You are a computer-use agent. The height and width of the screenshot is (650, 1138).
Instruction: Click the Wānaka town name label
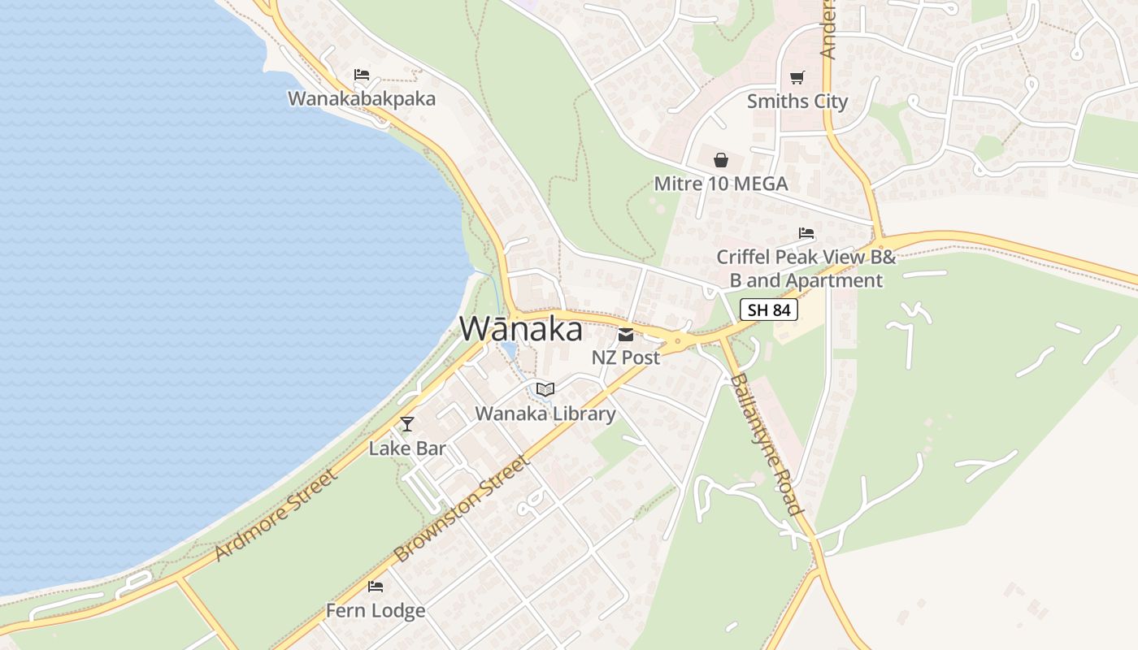click(x=521, y=329)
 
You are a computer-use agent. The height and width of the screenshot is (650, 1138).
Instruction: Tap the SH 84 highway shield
click(x=768, y=310)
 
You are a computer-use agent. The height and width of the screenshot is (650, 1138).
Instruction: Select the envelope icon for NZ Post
click(x=626, y=334)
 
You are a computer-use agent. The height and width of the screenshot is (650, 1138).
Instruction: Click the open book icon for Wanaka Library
click(x=545, y=390)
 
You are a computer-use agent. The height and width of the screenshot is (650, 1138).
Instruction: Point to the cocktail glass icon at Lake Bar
click(x=407, y=424)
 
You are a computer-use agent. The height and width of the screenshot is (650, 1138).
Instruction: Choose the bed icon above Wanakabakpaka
click(x=362, y=75)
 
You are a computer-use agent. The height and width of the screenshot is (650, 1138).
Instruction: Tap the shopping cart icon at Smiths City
click(x=797, y=78)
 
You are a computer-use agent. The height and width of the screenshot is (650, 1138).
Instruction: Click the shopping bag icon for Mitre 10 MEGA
click(x=721, y=160)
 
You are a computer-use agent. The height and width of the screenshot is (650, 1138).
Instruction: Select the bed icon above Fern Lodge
click(x=376, y=586)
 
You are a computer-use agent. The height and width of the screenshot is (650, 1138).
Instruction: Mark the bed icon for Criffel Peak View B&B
click(x=806, y=233)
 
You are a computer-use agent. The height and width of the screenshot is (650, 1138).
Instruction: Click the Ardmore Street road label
click(x=276, y=513)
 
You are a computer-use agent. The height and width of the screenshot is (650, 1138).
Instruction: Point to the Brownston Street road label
click(x=462, y=508)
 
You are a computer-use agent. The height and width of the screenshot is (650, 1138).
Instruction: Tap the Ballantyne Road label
click(x=767, y=444)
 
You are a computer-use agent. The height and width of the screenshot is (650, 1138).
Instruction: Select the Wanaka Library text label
click(x=545, y=414)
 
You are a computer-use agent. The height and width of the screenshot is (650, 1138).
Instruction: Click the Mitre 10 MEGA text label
click(x=721, y=184)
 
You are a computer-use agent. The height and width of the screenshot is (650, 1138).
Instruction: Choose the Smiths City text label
click(x=797, y=102)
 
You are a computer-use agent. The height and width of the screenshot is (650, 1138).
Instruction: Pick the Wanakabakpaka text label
click(x=362, y=99)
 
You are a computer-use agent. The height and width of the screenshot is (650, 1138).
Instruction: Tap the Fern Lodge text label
click(x=376, y=610)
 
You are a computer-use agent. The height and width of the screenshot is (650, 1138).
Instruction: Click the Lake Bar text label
click(x=407, y=448)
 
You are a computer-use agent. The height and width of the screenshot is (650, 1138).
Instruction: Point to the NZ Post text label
click(x=626, y=357)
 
